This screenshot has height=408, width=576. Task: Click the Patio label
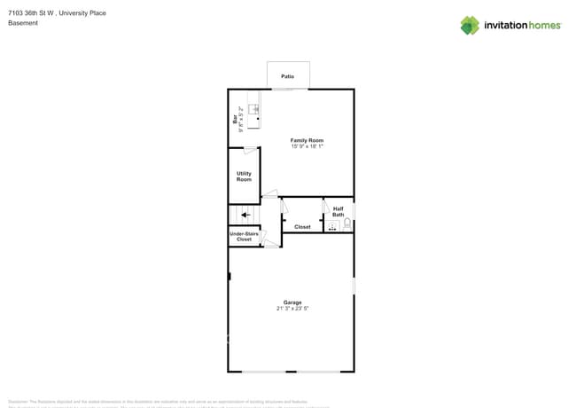point(288,77)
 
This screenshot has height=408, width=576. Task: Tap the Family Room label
point(307,140)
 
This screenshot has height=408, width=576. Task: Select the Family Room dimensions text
point(307,146)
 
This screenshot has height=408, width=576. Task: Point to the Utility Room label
point(244,177)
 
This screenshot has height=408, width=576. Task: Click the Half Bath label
point(339,212)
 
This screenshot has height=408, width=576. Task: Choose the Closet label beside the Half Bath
point(303,227)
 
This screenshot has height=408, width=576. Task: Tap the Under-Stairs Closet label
point(244,237)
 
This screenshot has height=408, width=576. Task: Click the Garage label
point(292,302)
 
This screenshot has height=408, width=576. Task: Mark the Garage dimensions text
point(292,309)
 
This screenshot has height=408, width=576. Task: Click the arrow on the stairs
point(246,215)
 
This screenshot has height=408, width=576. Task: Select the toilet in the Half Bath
point(347,224)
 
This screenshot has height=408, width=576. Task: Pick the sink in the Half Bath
point(333,226)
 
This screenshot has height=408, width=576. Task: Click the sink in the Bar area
point(254,110)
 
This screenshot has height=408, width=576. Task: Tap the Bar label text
point(235,118)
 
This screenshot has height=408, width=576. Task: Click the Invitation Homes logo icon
point(470,25)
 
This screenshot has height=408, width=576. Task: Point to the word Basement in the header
point(23,23)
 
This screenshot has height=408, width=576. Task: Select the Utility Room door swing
point(251,150)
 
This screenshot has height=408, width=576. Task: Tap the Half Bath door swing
point(326,205)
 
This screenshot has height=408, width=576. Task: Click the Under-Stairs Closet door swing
point(264,237)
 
